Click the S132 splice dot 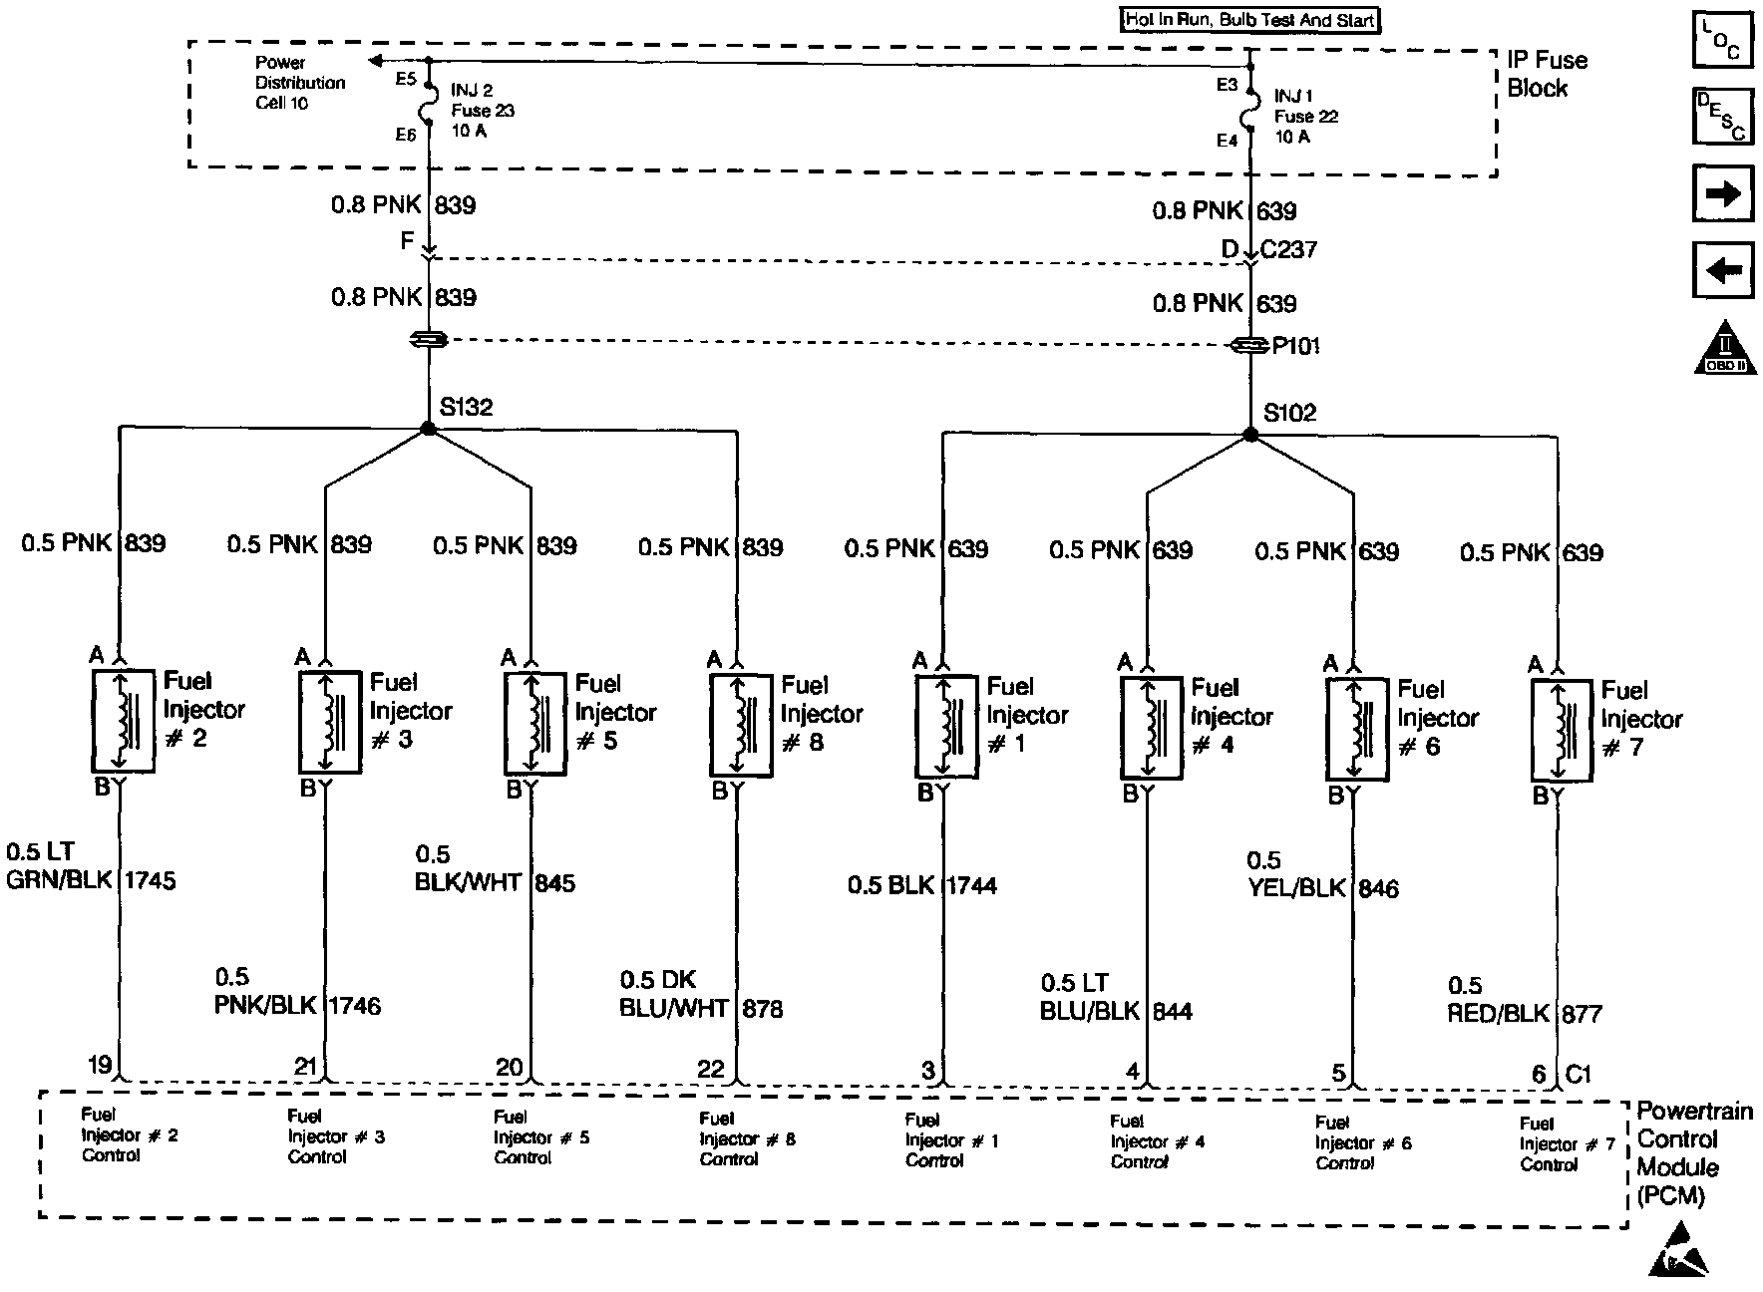pos(428,429)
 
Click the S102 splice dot pos(1250,435)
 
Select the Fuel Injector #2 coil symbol pos(123,720)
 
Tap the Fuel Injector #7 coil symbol pos(1561,730)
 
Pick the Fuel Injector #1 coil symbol pos(946,726)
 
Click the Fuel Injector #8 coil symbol pos(740,725)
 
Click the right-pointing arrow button pos(1722,193)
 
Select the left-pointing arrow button pos(1722,270)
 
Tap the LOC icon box pos(1722,40)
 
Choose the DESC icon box pos(1722,117)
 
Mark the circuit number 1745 pos(150,880)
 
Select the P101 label pos(1295,346)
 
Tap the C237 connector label pos(1288,249)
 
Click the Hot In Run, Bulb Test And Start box pos(1250,20)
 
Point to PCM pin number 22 pos(711,1069)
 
